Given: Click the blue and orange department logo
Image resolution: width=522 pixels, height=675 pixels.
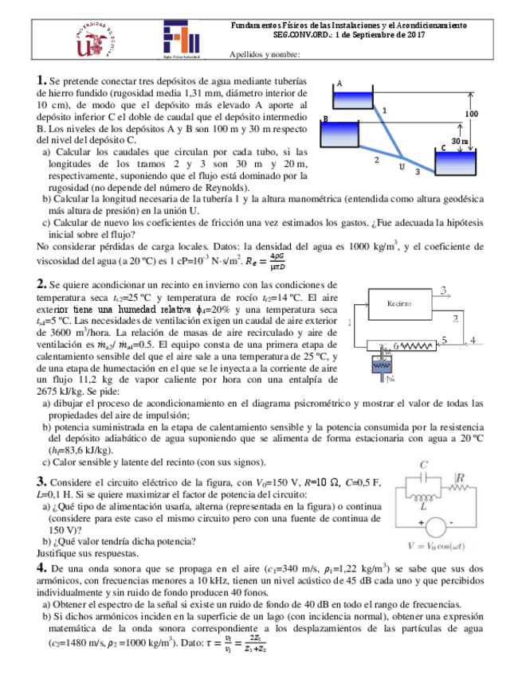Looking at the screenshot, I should (x=183, y=41).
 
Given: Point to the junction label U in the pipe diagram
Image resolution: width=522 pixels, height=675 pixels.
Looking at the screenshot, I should (x=402, y=167).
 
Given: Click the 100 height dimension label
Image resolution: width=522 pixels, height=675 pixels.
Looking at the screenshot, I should (x=472, y=114).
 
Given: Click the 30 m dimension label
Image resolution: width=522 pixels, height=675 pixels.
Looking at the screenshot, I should (x=459, y=140).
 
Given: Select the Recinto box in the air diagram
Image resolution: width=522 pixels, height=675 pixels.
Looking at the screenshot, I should (x=399, y=303).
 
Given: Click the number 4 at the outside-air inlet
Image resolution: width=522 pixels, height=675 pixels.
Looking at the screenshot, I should (x=473, y=340).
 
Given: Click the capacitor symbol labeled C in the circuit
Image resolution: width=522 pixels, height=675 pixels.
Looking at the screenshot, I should (x=426, y=478).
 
